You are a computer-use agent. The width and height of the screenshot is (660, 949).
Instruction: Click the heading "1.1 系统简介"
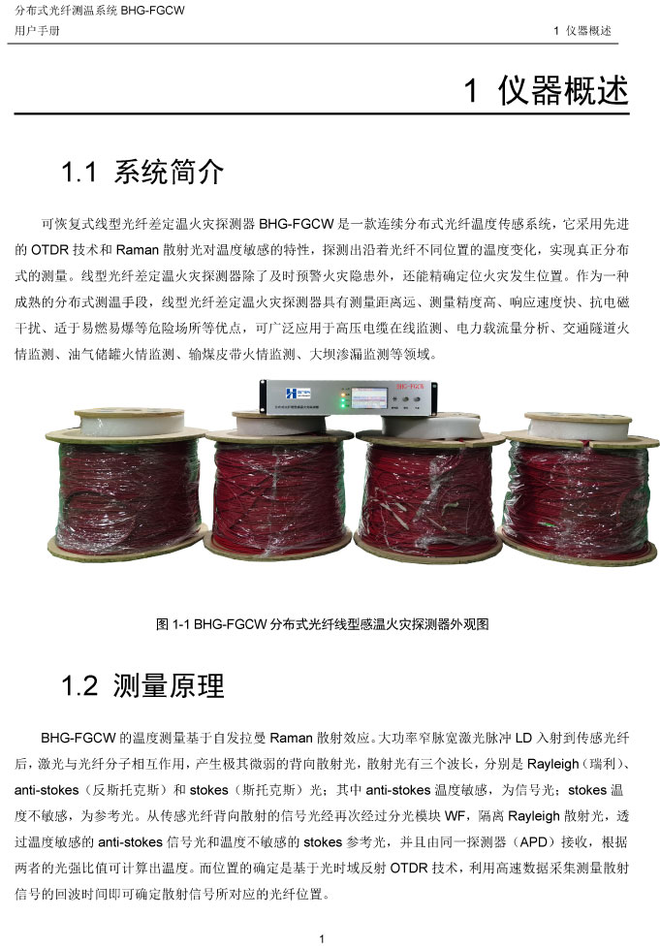point(142,172)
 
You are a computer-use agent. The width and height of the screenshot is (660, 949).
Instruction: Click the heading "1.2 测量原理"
point(142,685)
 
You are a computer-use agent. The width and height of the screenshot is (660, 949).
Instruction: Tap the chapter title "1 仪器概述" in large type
point(547,91)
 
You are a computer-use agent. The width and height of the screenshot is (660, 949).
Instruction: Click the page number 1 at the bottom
point(322,938)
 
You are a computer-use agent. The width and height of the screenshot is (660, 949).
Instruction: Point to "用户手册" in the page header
point(37,31)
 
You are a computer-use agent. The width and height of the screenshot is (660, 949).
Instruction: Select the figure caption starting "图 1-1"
point(322,624)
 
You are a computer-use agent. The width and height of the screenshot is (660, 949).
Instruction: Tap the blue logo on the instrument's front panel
point(299,393)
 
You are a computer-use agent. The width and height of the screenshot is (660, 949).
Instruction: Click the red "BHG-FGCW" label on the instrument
point(410,386)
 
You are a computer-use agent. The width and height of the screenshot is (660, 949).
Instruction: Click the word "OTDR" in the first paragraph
point(49,250)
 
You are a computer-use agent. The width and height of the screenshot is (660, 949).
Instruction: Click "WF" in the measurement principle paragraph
point(455,816)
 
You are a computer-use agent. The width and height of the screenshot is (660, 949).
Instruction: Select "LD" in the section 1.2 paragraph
point(523,738)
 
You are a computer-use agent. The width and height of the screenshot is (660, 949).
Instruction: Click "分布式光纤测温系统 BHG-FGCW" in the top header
point(100,11)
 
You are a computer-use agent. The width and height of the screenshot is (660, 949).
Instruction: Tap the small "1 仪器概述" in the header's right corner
point(582,31)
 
